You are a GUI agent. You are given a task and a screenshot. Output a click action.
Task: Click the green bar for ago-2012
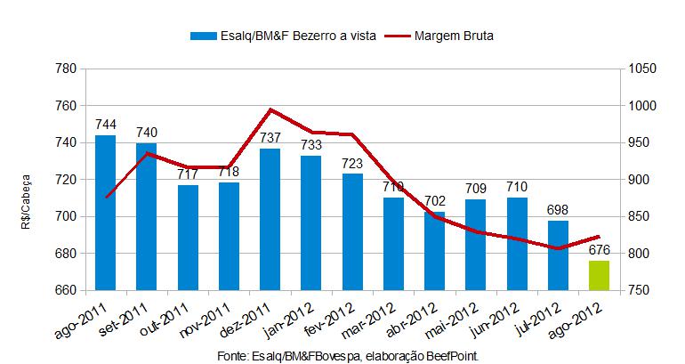pos(600,275)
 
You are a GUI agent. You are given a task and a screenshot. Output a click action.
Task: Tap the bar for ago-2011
pos(105,213)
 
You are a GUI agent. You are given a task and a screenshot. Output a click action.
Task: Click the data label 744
pos(105,125)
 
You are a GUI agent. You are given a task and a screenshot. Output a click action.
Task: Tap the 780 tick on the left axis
pos(63,69)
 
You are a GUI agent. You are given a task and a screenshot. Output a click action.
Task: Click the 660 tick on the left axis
pos(63,291)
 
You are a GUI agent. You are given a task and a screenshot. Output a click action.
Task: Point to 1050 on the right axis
pos(641,69)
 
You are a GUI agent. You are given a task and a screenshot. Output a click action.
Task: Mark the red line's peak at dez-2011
pos(270,110)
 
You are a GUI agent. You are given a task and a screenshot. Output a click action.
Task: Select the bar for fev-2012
pos(352,231)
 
